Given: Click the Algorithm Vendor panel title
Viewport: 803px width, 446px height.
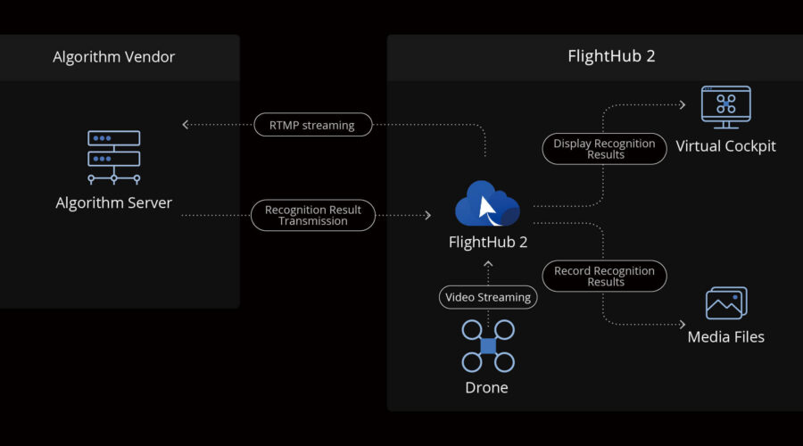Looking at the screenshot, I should click(113, 57).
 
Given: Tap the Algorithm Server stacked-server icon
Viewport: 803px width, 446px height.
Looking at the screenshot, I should click(113, 157).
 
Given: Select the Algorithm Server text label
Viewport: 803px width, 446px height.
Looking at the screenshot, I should click(113, 202).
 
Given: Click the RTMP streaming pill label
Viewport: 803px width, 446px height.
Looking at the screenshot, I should click(311, 125).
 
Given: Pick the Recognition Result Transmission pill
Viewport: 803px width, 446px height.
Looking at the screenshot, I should click(312, 215).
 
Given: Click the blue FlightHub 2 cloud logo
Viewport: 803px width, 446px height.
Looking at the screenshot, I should click(487, 204).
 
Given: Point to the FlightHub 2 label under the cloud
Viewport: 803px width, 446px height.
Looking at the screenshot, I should click(487, 242).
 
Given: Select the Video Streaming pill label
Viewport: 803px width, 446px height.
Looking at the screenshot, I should click(487, 297).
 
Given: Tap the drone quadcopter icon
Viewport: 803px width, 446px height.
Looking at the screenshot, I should click(488, 346).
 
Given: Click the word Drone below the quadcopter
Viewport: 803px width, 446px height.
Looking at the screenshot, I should click(487, 388).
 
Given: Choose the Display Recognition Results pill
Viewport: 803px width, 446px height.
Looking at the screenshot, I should click(604, 149).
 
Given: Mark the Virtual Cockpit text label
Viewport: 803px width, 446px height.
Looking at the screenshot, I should click(725, 145).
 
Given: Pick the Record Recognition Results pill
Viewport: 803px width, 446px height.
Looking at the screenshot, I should click(604, 277).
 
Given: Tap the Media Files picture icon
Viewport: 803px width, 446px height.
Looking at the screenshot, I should click(725, 303).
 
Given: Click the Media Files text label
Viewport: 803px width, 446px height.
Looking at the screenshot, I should click(725, 337).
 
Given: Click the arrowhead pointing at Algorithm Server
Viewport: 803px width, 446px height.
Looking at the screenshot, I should click(186, 125).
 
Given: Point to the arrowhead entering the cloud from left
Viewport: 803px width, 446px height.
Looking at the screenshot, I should click(427, 215).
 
